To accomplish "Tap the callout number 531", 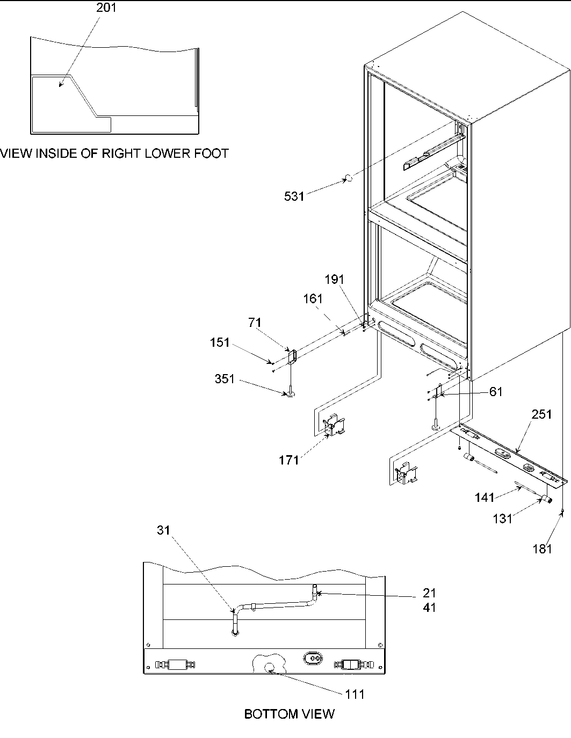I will pyautogui.click(x=294, y=196).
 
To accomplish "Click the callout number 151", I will pyautogui.click(x=220, y=342).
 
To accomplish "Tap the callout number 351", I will pyautogui.click(x=225, y=379).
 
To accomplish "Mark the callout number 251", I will pyautogui.click(x=541, y=414).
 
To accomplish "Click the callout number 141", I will pyautogui.click(x=485, y=498).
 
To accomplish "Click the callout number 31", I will pyautogui.click(x=163, y=530).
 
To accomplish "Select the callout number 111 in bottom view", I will pyautogui.click(x=355, y=694).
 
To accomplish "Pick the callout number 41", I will pyautogui.click(x=429, y=608).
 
